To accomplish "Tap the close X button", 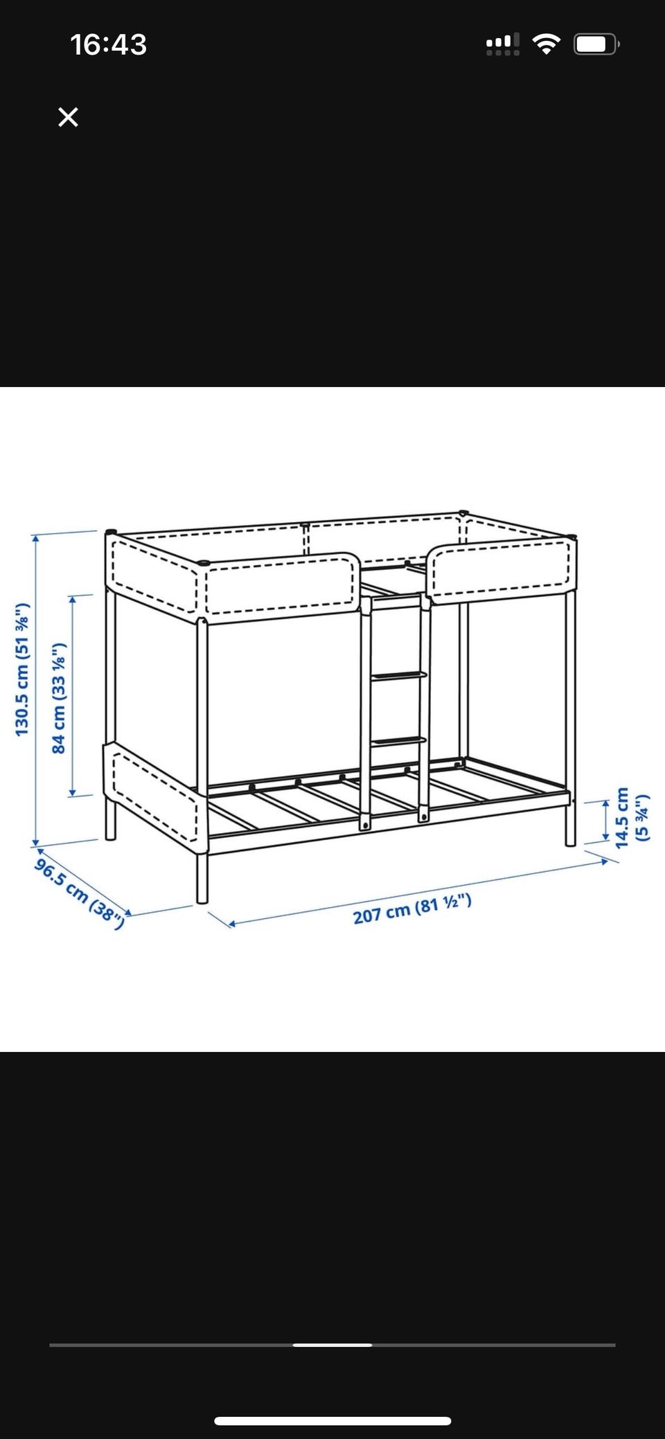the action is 68,117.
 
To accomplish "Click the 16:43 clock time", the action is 109,45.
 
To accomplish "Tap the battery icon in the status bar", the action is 596,45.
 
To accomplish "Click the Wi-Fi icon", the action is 547,45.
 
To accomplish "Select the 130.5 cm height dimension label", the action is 23,670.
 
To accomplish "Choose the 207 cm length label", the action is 412,909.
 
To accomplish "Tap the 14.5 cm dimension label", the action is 632,817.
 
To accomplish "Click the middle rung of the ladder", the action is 399,676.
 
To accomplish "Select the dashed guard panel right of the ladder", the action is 501,570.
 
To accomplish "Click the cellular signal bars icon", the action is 503,45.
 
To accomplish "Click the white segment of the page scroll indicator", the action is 332,1345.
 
